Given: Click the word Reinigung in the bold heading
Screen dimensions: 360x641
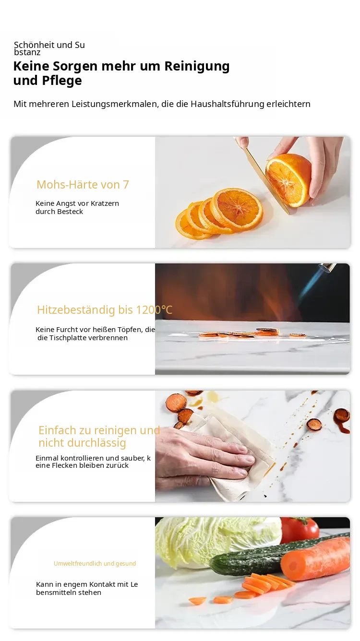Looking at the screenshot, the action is click(197, 66).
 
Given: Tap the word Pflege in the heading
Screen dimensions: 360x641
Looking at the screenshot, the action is click(62, 81).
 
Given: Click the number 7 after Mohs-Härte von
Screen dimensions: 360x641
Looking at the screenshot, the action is click(126, 185).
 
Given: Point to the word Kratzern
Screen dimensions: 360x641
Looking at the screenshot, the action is click(105, 203).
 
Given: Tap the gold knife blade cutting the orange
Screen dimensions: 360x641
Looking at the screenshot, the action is click(264, 178).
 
